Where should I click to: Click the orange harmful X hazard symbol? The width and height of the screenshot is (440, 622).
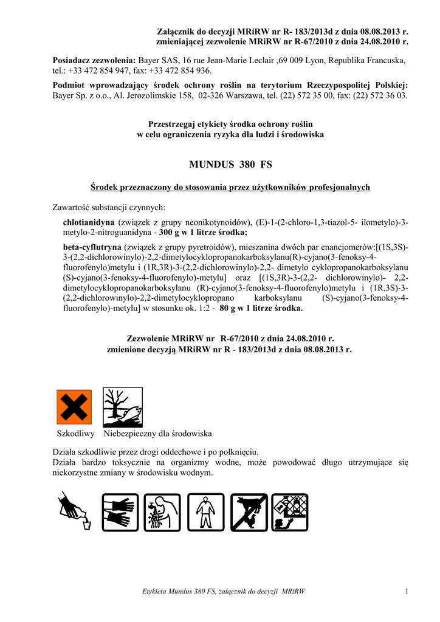click(74, 408)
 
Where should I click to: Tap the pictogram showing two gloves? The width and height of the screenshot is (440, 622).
click(120, 511)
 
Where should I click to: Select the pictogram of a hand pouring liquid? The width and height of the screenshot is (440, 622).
click(75, 511)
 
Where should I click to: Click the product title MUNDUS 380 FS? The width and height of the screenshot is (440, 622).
click(231, 164)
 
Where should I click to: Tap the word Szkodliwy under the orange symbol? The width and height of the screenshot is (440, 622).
click(75, 434)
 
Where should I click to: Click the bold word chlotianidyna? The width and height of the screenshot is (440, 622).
click(89, 222)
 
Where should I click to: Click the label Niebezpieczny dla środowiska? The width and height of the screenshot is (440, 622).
click(157, 434)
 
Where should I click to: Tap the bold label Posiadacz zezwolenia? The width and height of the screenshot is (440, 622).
click(94, 61)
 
